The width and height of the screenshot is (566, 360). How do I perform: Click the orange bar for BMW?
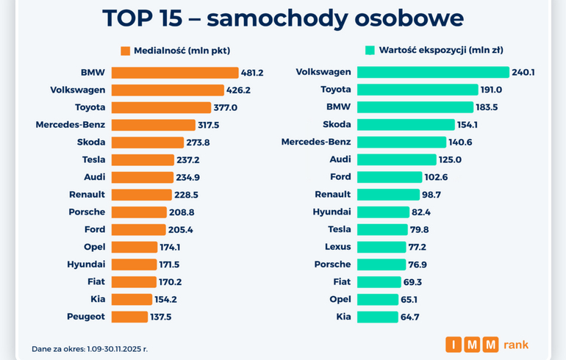pyautogui.click(x=175, y=73)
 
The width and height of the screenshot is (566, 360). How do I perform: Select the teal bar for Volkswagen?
pyautogui.click(x=433, y=72)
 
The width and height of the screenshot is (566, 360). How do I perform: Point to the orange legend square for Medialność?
pyautogui.click(x=126, y=51)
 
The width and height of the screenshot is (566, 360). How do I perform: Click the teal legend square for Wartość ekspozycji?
pyautogui.click(x=370, y=51)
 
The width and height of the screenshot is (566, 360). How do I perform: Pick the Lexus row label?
pyautogui.click(x=338, y=247)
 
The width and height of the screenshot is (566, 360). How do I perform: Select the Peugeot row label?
pyautogui.click(x=86, y=317)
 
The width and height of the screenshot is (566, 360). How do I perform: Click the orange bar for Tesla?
pyautogui.click(x=143, y=159)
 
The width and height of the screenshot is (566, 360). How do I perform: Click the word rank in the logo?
pyautogui.click(x=516, y=345)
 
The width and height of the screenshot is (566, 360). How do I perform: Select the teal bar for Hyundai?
pyautogui.click(x=383, y=212)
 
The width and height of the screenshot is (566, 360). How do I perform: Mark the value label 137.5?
pyautogui.click(x=162, y=317)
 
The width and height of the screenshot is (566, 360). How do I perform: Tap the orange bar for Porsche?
pyautogui.click(x=139, y=212)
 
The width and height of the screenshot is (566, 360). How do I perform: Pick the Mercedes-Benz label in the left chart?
pyautogui.click(x=71, y=125)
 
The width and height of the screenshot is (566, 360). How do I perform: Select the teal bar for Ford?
pyautogui.click(x=390, y=177)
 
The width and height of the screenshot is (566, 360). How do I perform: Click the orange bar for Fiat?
pyautogui.click(x=134, y=281)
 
